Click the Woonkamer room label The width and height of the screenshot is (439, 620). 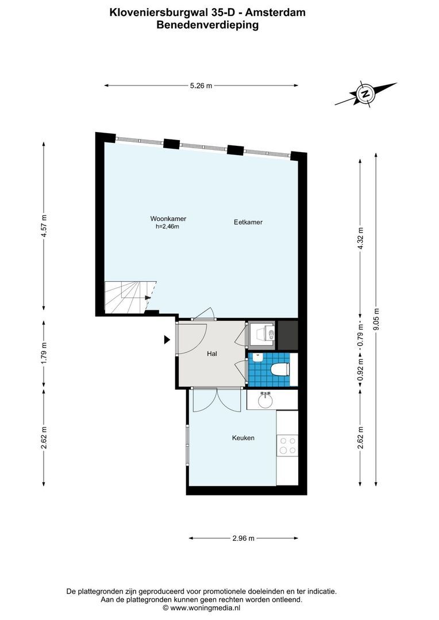tap(168, 219)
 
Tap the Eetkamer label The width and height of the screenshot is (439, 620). tap(248, 222)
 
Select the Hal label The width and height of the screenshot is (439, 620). tap(212, 354)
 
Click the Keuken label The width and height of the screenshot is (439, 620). tap(243, 438)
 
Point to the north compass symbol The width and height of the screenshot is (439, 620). tap(365, 94)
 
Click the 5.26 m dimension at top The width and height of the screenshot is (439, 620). tap(201, 86)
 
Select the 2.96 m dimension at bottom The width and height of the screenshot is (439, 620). tap(243, 538)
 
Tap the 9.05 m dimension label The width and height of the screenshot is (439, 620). tap(376, 320)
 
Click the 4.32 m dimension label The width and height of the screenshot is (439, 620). tap(360, 236)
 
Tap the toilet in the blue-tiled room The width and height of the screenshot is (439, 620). tap(278, 369)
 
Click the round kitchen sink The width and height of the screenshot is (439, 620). tap(265, 400)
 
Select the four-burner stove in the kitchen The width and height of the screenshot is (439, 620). tap(287, 445)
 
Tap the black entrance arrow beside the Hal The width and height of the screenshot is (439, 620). tap(167, 340)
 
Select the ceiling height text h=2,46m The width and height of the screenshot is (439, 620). tap(168, 227)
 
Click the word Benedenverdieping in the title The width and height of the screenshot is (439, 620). tap(207, 25)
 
